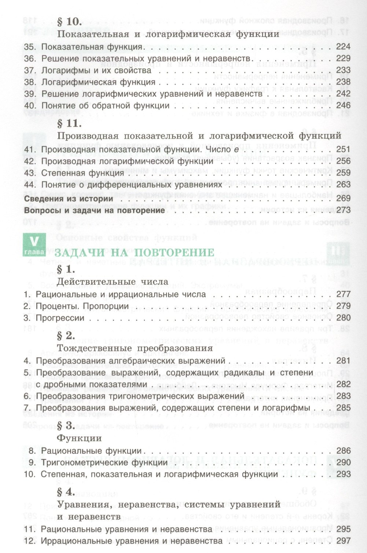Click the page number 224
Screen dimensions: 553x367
(x=343, y=47)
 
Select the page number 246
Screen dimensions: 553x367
(x=343, y=106)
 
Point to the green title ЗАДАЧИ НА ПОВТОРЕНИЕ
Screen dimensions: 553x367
(x=134, y=253)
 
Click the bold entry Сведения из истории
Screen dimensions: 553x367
(x=68, y=198)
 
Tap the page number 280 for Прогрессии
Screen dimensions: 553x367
(x=343, y=318)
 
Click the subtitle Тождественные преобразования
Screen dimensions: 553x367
(x=135, y=348)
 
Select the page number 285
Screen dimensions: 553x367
(x=343, y=408)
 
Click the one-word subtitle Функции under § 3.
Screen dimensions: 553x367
(x=79, y=438)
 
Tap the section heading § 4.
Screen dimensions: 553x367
(x=66, y=492)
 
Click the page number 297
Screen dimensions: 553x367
(x=343, y=541)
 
